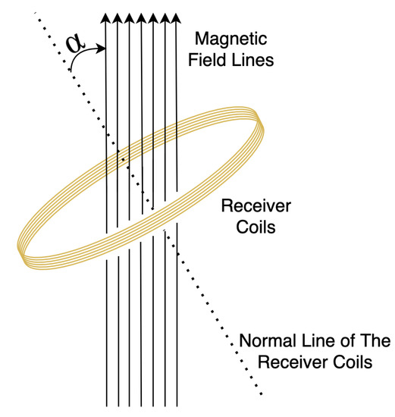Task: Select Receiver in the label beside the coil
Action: click(x=246, y=205)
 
